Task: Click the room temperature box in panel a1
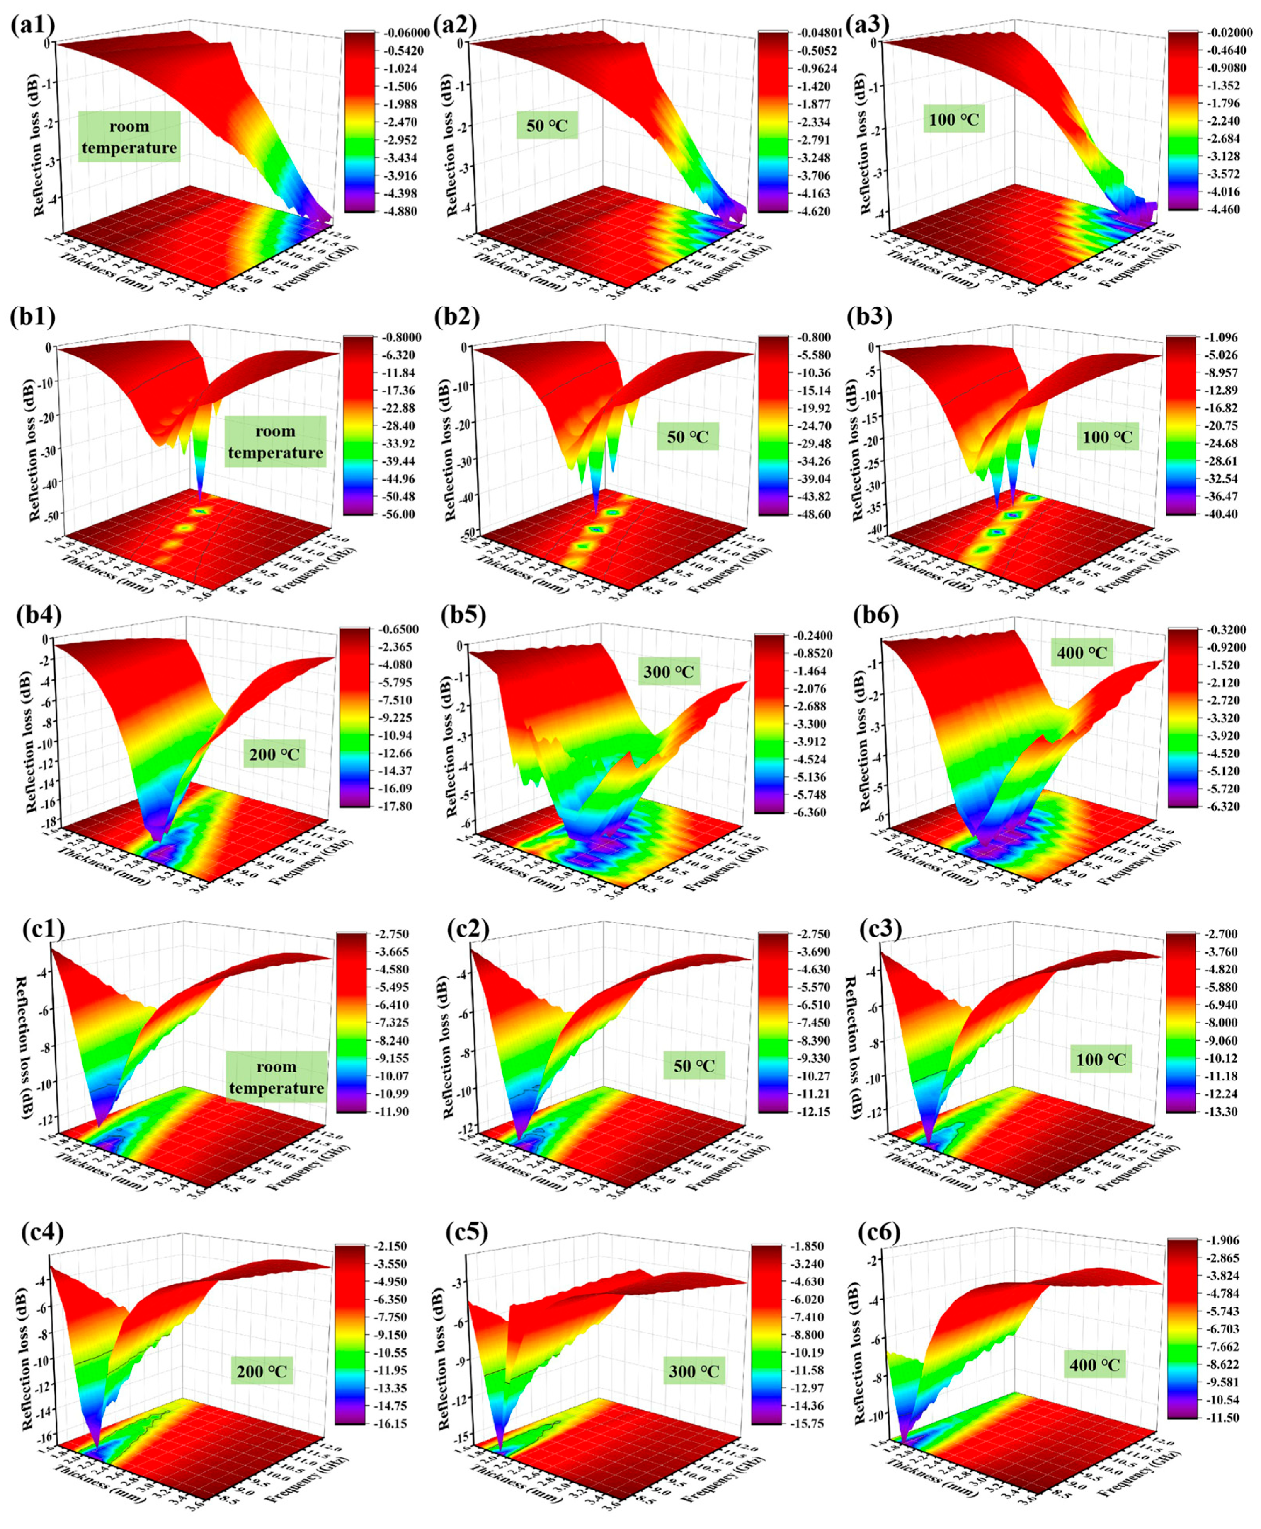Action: coord(129,136)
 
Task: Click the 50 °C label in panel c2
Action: coord(694,1066)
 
